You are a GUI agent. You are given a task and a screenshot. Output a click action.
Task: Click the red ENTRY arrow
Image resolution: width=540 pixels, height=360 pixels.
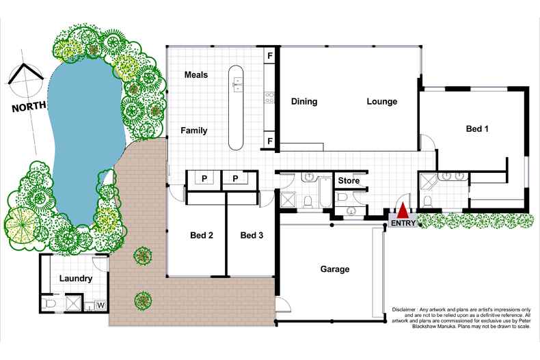(404, 210)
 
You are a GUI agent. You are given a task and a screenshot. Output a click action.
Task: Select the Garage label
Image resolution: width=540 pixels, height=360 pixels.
(335, 269)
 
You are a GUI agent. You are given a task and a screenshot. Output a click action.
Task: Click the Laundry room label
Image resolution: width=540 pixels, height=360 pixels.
(76, 279)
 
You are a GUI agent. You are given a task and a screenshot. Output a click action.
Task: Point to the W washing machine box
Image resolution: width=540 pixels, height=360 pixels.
(100, 305)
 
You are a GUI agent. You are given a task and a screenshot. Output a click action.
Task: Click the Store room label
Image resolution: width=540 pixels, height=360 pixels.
(349, 181)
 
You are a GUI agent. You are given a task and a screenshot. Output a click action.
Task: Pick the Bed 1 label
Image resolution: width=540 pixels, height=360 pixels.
(477, 128)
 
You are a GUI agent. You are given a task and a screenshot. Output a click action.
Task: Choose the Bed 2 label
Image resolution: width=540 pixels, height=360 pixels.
(202, 236)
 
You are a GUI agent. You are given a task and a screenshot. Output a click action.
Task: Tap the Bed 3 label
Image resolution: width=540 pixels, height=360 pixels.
(252, 236)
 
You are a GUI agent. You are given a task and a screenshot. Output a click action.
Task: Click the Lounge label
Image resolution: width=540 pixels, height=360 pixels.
(381, 102)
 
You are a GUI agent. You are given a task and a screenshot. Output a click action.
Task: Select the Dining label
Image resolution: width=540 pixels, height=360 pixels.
(304, 102)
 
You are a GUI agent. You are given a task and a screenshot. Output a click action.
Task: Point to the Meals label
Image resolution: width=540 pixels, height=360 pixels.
(196, 74)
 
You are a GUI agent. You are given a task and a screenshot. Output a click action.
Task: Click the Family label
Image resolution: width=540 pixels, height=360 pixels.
(194, 130)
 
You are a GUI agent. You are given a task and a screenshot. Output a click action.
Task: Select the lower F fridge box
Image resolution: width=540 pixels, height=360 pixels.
(270, 141)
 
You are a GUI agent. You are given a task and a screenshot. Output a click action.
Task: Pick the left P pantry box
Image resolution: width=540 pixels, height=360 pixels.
(203, 178)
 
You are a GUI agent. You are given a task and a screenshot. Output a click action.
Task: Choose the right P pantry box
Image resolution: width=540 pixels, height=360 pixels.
(236, 178)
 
